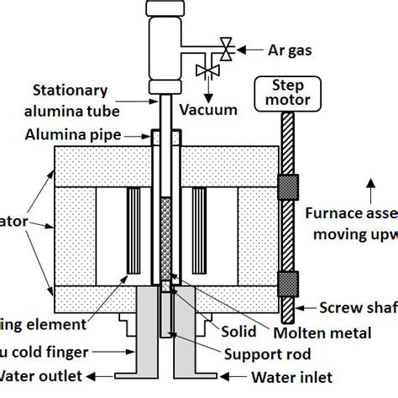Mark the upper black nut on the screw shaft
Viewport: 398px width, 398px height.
(x=287, y=184)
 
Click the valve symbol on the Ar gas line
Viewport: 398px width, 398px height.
(x=225, y=46)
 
